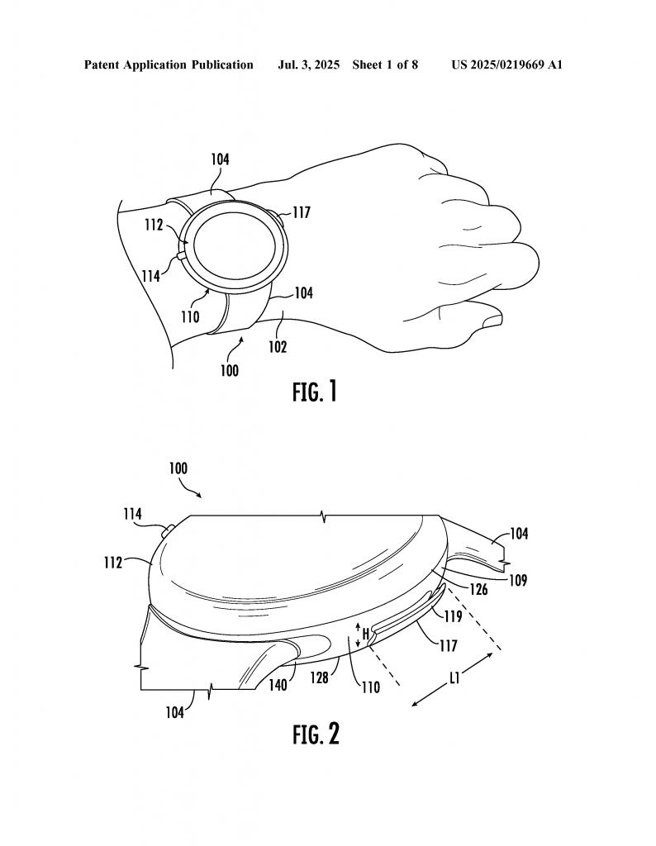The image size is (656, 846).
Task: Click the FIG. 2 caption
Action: (x=316, y=734)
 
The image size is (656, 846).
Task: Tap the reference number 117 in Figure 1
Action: (x=302, y=212)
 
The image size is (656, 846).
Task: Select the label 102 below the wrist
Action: (x=278, y=346)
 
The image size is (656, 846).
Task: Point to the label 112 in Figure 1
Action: (x=154, y=225)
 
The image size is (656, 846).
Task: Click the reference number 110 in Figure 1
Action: (x=190, y=316)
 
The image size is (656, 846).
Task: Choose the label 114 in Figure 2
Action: (x=133, y=514)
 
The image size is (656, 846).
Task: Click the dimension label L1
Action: (x=454, y=678)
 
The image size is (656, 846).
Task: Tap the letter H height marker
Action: (x=365, y=634)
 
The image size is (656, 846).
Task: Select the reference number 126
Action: (x=478, y=589)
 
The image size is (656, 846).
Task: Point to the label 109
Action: (x=518, y=581)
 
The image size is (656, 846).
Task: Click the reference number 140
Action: (x=278, y=685)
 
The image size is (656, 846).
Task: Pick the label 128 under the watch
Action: (x=320, y=677)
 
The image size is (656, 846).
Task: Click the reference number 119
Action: (x=453, y=615)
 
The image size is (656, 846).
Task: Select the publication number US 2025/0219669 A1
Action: (x=507, y=65)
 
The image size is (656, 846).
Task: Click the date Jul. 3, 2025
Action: (x=308, y=65)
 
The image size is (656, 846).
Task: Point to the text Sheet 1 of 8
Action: (x=385, y=65)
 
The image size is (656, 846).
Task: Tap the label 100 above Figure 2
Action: (x=178, y=468)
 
